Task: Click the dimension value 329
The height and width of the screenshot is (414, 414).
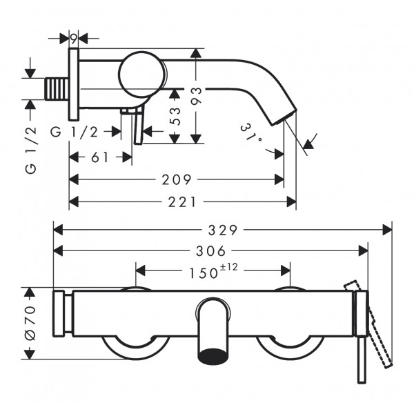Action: (223, 230)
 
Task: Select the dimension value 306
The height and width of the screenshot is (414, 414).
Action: (210, 251)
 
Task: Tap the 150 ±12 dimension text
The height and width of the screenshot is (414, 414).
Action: (213, 271)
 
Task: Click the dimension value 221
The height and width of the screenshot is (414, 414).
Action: (182, 202)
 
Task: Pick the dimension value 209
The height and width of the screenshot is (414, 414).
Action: (177, 180)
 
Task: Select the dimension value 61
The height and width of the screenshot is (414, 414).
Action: (100, 157)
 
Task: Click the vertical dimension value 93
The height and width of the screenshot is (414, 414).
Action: (196, 97)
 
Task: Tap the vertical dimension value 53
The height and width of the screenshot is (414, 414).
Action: (175, 117)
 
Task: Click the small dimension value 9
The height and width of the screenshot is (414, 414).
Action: (74, 39)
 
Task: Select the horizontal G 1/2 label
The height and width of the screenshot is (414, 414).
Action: (75, 132)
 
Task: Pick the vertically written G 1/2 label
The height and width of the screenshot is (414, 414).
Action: (30, 150)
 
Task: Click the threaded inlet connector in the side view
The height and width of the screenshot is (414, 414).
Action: (57, 89)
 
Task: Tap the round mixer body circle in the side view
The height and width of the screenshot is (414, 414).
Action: (142, 75)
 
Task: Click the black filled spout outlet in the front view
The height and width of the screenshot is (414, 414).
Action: (213, 357)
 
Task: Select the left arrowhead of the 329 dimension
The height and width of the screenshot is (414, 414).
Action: (58, 230)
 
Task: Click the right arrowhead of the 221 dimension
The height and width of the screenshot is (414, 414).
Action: (291, 202)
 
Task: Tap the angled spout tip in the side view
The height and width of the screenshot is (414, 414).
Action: (284, 115)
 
